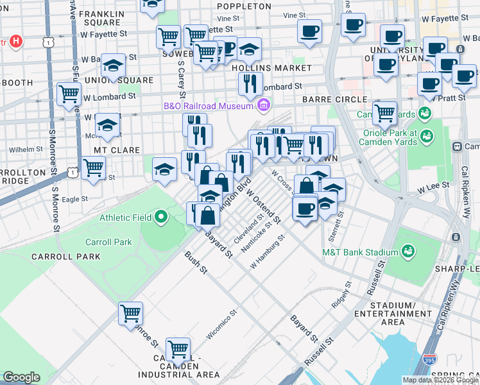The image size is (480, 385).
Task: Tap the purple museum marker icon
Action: pos(262,105)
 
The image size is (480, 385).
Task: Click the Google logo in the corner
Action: pos(21,377)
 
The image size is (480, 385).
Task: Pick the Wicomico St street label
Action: pos(221,326)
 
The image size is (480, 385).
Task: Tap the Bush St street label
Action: pos(196,262)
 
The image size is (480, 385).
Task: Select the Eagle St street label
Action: pos(75,200)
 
